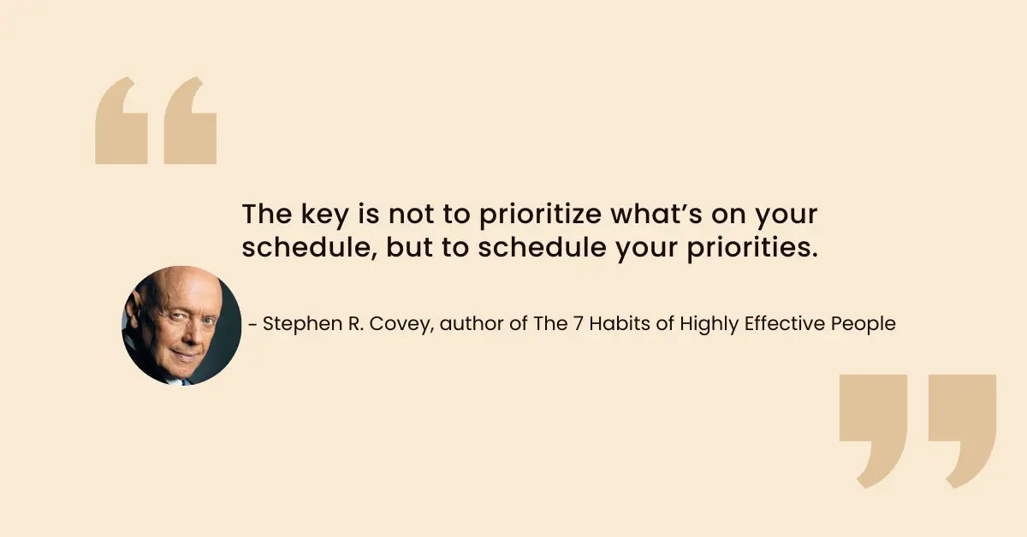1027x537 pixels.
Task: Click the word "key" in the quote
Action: coord(324,215)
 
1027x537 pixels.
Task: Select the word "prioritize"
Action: coord(541,215)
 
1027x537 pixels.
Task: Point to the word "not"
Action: coord(412,214)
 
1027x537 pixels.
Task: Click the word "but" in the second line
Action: coord(409,247)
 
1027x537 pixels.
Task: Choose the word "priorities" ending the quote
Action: coord(752,248)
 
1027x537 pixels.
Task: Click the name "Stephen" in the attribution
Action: coord(302,324)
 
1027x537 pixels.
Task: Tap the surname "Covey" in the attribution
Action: coord(401,324)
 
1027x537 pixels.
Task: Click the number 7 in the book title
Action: coord(578,323)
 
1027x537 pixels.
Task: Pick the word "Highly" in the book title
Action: coord(709,324)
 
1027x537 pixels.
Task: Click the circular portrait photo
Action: coord(181,326)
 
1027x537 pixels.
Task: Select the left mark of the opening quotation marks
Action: coord(122,121)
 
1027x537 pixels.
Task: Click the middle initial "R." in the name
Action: coord(356,323)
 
